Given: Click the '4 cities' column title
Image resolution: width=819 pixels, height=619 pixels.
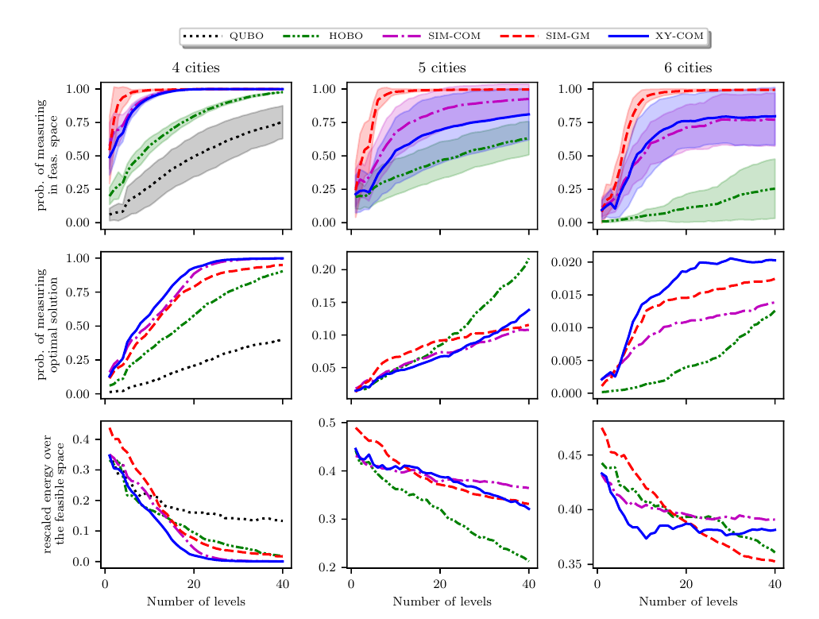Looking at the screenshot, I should tap(195, 68).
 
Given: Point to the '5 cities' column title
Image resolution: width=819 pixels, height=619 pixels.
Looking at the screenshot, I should tap(442, 68).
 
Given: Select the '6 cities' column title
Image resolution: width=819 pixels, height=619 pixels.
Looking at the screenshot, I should tap(688, 68).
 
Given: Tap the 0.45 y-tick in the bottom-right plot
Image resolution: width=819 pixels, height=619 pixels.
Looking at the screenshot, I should tap(573, 455).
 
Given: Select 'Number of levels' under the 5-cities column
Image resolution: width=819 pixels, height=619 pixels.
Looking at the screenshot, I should tap(442, 602).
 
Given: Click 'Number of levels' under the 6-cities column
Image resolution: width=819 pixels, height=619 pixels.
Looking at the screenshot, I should tap(688, 602).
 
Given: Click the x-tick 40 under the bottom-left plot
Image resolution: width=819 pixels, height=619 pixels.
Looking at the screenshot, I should tap(282, 585).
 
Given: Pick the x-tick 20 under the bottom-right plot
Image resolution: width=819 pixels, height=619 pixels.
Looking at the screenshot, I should tap(686, 585).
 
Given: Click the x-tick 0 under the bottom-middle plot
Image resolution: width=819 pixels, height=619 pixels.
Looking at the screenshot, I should tap(351, 585).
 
